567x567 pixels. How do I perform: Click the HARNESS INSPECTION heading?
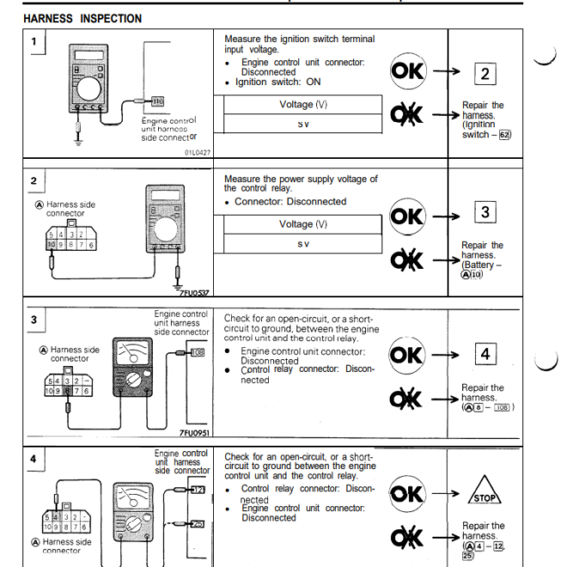coord(82,18)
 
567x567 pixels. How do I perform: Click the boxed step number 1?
coord(34,42)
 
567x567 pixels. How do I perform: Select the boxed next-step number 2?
coord(485,73)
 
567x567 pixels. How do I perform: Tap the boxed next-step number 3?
coord(485,212)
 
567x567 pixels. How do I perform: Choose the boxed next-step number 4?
coord(485,353)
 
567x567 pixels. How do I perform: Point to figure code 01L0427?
coord(197,152)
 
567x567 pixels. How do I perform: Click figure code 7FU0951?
coord(195,433)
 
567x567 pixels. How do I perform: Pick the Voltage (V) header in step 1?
coord(303,105)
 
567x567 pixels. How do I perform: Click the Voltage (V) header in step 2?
coord(303,224)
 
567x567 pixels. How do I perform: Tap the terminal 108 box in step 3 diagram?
coord(197,351)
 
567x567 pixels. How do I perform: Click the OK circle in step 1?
coord(408,71)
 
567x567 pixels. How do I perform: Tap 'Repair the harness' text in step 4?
coord(484,531)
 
